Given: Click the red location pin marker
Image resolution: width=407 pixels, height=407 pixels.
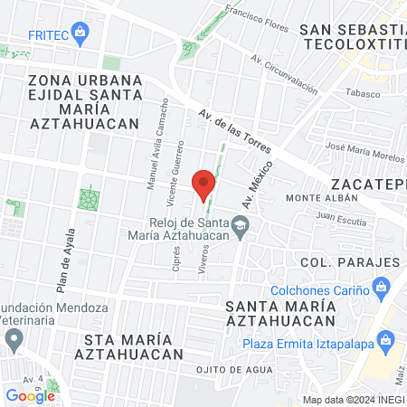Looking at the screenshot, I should pos(203,185).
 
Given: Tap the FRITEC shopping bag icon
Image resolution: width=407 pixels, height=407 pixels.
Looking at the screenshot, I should pos(80,34).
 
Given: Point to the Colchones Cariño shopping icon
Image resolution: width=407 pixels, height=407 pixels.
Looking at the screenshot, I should pos(382,290).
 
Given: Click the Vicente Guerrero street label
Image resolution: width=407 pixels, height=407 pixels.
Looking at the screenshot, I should pos(178,172).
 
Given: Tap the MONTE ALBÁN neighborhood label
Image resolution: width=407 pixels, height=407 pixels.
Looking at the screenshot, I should pos(317,198).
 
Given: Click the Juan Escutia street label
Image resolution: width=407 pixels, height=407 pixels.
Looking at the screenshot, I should pos(340,217).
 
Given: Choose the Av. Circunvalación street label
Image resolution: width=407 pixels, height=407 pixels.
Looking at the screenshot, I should pos(285,75).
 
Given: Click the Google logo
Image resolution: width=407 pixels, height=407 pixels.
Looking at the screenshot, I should pos(31,395).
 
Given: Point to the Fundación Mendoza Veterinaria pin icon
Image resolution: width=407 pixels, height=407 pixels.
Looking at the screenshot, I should pos(13,339).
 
